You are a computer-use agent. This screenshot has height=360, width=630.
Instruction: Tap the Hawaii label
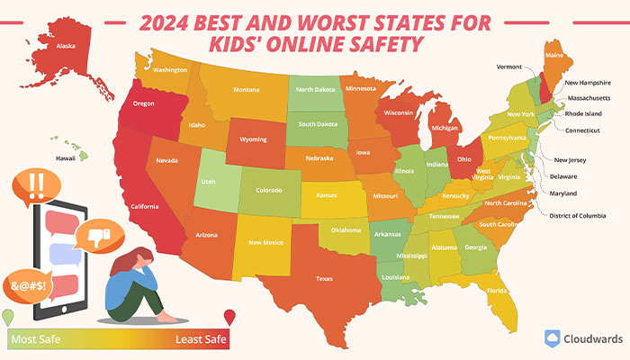66,158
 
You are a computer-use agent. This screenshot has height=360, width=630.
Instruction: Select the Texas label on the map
323,279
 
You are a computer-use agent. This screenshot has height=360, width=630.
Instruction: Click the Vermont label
508,67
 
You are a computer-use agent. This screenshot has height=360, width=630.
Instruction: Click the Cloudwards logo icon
554,338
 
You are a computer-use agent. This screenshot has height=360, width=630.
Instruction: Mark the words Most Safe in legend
34,338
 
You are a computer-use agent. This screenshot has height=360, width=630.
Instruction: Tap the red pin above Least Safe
229,317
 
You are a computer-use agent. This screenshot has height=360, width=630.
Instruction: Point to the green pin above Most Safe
9,317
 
